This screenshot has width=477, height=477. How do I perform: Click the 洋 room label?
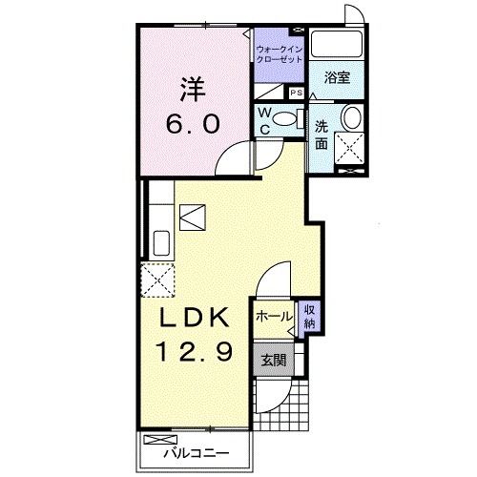coord(194,90)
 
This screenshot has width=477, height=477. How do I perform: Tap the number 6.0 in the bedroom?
coord(193,124)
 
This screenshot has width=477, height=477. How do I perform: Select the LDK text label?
coord(195,317)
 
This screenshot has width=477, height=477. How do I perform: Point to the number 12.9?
coord(196,351)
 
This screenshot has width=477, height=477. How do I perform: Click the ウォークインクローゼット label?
coord(280,54)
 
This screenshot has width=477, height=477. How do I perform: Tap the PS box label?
coord(297,93)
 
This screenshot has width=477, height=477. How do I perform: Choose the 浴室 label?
coord(337,77)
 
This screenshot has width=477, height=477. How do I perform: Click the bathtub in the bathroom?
coord(337,43)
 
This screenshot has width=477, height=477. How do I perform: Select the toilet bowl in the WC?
coord(285,119)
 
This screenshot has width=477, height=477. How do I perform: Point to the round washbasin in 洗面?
coord(352,117)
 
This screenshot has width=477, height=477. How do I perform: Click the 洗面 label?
coord(321,135)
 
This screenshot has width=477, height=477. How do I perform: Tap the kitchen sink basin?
coord(161,243)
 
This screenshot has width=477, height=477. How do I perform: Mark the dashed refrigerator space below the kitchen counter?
coord(157,280)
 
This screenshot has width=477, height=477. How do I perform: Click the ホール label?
coord(274,317)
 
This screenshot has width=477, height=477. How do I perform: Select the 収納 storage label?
coord(309,317)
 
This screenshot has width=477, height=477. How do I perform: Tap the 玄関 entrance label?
coord(274,361)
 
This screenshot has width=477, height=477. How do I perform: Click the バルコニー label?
coord(197,453)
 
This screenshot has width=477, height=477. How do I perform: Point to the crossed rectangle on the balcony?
coord(160,440)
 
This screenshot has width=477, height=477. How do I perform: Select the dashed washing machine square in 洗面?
coord(349,148)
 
